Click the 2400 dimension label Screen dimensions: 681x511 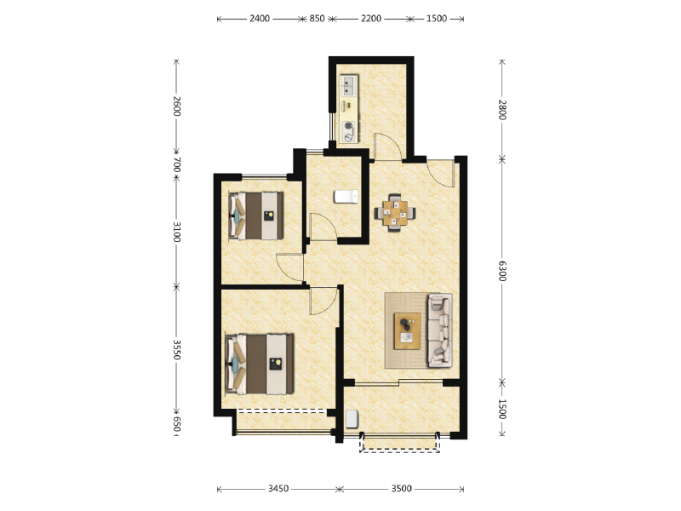click(260, 19)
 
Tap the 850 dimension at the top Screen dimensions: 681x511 click(317, 19)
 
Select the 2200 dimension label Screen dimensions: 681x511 click(371, 19)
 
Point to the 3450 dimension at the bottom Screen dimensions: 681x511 click(278, 489)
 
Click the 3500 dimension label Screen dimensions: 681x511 click(401, 489)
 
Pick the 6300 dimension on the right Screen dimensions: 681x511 click(502, 271)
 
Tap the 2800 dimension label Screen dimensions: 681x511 click(502, 110)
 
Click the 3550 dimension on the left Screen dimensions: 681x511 click(176, 349)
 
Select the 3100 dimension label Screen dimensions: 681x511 click(176, 232)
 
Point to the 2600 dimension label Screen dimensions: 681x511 click(176, 106)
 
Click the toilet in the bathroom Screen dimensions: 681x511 click(346, 197)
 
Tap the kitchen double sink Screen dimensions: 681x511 click(349, 86)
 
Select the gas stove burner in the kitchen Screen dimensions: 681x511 click(349, 126)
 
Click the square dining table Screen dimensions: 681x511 click(395, 213)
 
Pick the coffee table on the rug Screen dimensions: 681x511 click(407, 330)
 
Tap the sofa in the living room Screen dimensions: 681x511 click(440, 330)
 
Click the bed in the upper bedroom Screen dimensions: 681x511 click(256, 215)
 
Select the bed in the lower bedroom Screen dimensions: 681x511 click(260, 365)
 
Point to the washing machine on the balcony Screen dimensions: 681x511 click(352, 419)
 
